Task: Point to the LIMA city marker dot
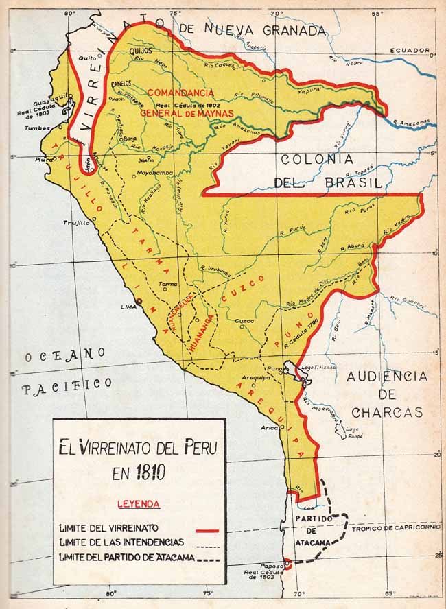click(x=139, y=302)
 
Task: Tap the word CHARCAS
click(x=386, y=412)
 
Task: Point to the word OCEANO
click(x=65, y=355)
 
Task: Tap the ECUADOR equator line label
click(x=409, y=51)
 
